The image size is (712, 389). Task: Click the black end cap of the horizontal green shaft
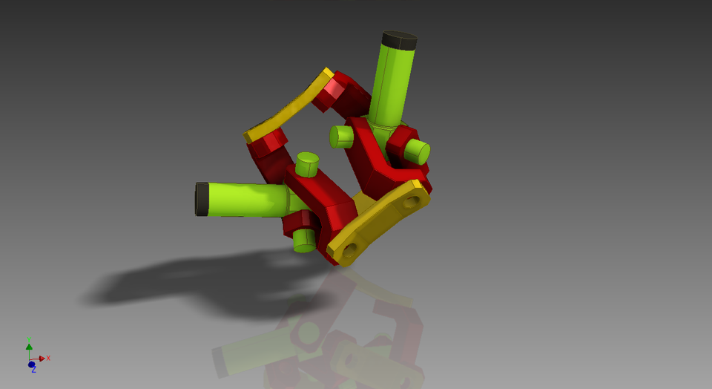click(x=202, y=199)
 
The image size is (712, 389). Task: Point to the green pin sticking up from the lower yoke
click(x=307, y=163)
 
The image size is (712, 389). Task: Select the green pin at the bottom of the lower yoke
click(x=305, y=240)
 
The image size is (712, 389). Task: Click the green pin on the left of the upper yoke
click(x=341, y=137)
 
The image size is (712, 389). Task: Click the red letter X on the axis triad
click(x=48, y=358)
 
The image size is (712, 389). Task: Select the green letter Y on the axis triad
click(x=29, y=339)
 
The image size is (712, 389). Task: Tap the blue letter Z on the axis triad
click(x=33, y=370)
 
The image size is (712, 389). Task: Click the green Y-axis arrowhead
click(x=29, y=346)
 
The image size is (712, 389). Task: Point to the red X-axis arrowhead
click(x=42, y=359)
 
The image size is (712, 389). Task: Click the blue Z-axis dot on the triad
click(x=31, y=364)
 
